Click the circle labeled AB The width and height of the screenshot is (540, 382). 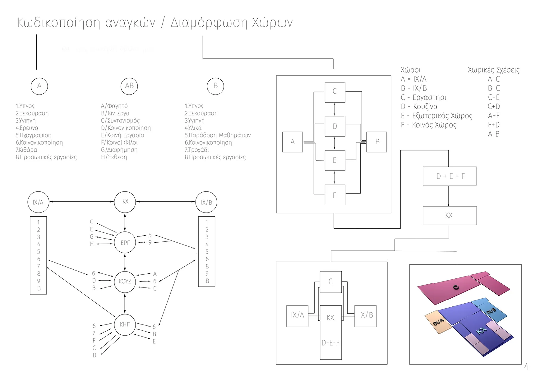pyautogui.click(x=129, y=86)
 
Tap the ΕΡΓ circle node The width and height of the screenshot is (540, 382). pyautogui.click(x=125, y=243)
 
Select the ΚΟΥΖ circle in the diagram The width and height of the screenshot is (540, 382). pyautogui.click(x=125, y=282)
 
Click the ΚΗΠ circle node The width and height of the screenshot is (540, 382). pyautogui.click(x=125, y=324)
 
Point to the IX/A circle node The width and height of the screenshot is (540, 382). pyautogui.click(x=38, y=203)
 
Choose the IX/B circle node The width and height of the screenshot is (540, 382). pyautogui.click(x=206, y=203)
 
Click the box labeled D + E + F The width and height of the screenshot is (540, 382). pyautogui.click(x=450, y=176)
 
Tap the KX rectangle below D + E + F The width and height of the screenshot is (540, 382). pyautogui.click(x=450, y=216)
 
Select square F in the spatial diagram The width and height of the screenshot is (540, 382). pyautogui.click(x=335, y=195)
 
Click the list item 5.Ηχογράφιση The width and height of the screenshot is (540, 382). pyautogui.click(x=34, y=135)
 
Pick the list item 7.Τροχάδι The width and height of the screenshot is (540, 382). pyautogui.click(x=197, y=150)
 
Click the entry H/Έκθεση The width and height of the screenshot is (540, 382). pyautogui.click(x=114, y=157)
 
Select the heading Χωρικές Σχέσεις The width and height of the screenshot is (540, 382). pyautogui.click(x=493, y=70)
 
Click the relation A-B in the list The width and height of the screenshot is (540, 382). pyautogui.click(x=493, y=134)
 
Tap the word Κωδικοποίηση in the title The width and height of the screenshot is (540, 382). pyautogui.click(x=59, y=23)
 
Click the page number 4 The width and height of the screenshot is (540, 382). pyautogui.click(x=526, y=367)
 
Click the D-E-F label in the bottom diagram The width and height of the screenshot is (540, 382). pyautogui.click(x=330, y=343)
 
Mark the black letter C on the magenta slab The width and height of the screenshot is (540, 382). pyautogui.click(x=456, y=287)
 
